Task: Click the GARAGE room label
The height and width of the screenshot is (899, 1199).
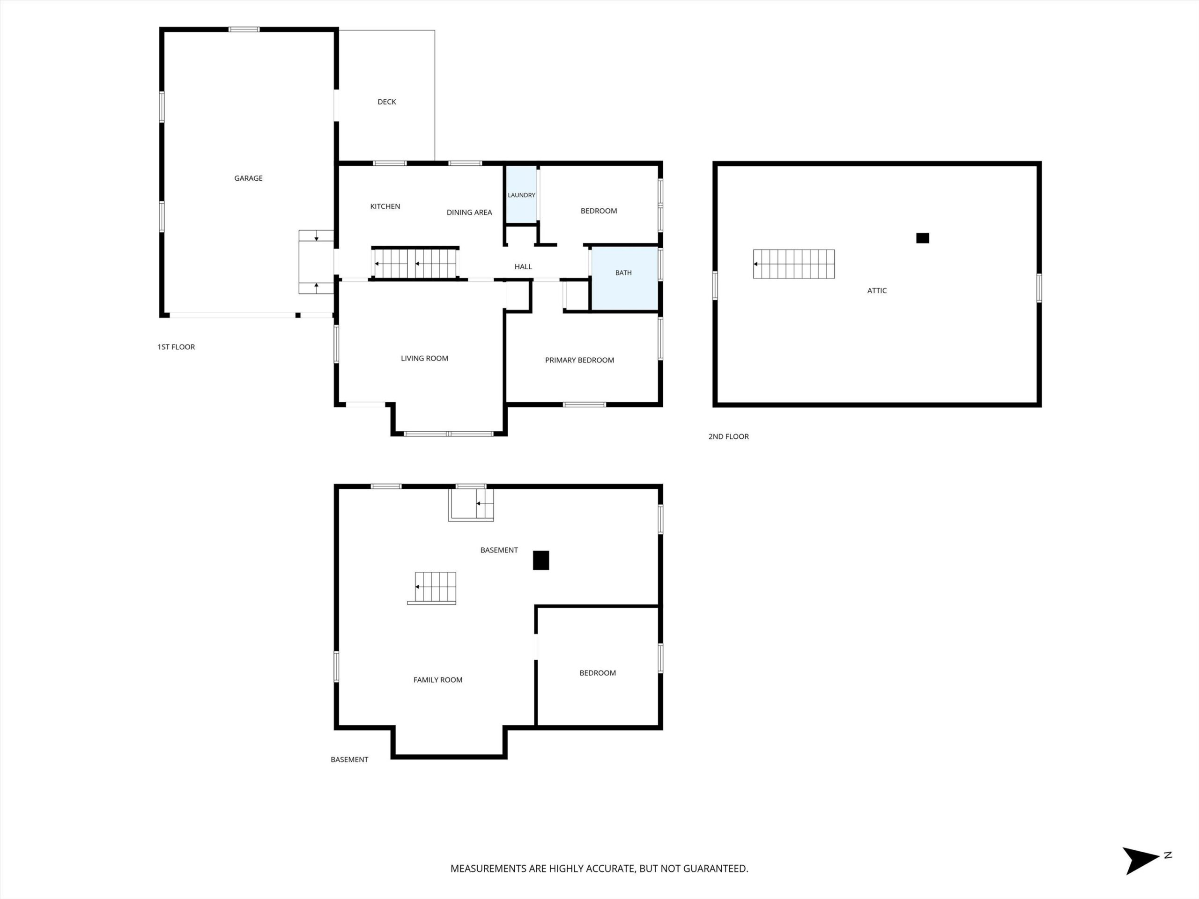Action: (x=248, y=178)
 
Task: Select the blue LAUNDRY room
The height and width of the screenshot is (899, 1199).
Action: (x=521, y=194)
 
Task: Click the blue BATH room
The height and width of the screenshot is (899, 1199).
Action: (x=624, y=279)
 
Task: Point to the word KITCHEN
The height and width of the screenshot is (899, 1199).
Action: (x=385, y=206)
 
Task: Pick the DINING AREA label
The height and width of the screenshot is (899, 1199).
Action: (x=469, y=213)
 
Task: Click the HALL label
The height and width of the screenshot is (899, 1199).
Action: (x=523, y=266)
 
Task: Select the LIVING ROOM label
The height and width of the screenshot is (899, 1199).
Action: (x=424, y=358)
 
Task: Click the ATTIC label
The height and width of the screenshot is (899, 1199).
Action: (x=876, y=290)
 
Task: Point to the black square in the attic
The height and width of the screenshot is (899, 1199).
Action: (x=923, y=238)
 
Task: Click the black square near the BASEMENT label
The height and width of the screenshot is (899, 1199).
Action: (x=541, y=560)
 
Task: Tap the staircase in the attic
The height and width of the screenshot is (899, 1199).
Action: (x=793, y=264)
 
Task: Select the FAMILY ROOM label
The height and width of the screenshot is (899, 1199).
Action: (x=438, y=680)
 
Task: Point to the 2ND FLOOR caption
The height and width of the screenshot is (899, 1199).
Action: (x=728, y=437)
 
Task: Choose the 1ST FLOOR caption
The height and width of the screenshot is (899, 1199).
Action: (x=176, y=347)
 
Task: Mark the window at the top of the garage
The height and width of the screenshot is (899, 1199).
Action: (x=244, y=29)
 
